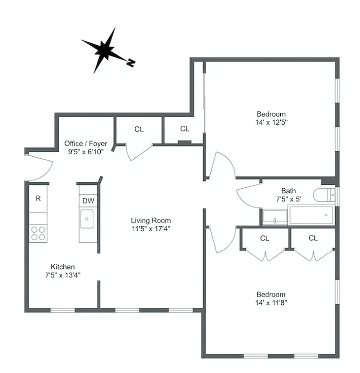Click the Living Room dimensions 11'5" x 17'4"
151,228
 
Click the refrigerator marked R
38,198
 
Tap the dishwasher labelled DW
88,201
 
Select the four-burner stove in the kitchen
38,233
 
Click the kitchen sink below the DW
87,219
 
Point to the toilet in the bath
325,194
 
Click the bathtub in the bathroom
311,214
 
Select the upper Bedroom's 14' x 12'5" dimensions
271,122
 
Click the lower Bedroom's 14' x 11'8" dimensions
271,303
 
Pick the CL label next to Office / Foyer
139,129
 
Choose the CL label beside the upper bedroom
185,129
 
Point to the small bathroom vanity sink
275,216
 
